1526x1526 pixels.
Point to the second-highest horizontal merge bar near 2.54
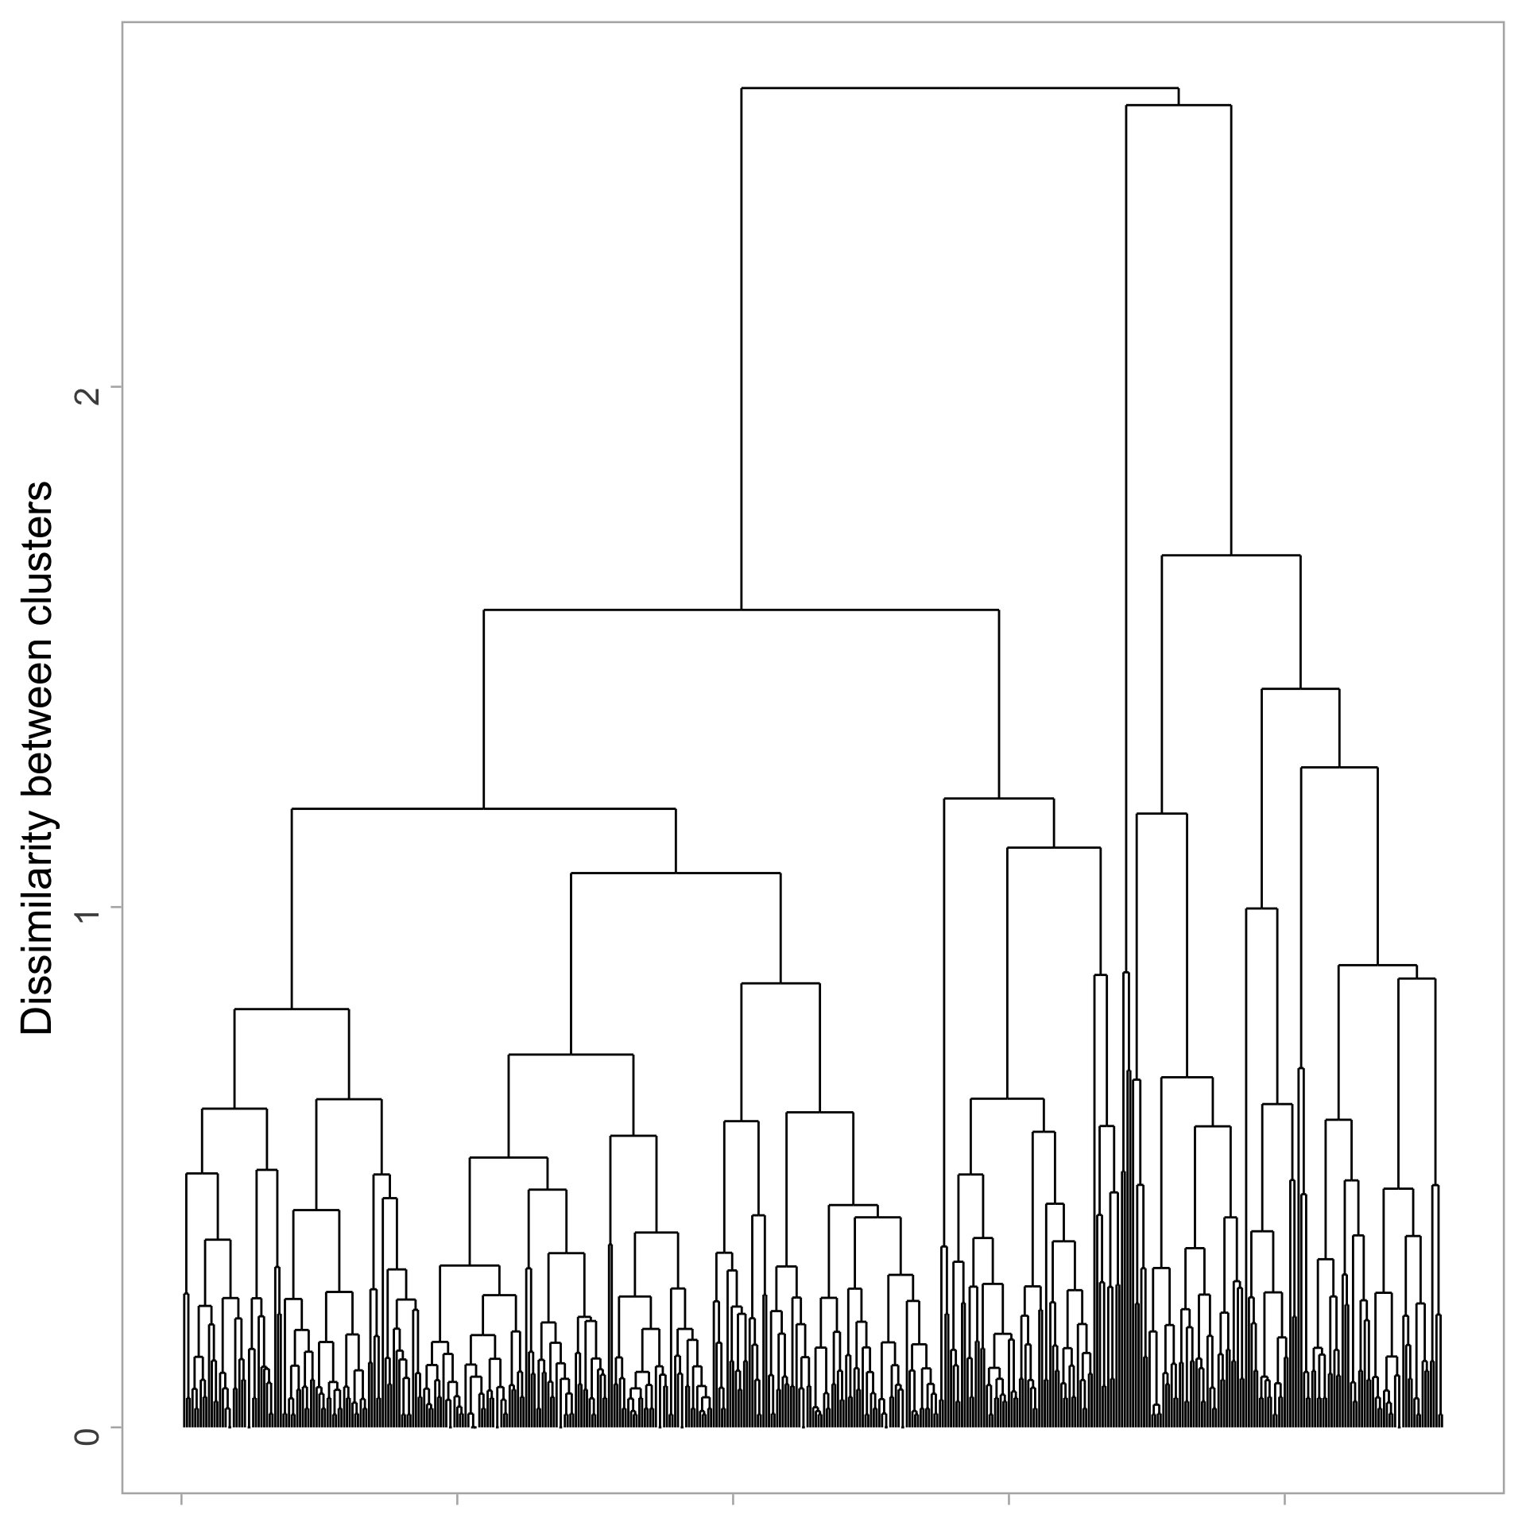coord(1179,105)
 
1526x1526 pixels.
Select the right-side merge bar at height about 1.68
coord(1231,556)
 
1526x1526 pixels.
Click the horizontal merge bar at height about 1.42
coord(1300,689)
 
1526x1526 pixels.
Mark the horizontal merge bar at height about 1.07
coord(676,873)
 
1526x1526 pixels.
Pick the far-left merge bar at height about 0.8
coord(292,1009)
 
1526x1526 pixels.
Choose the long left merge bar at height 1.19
coord(483,808)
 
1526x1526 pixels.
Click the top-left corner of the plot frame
coord(122,23)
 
